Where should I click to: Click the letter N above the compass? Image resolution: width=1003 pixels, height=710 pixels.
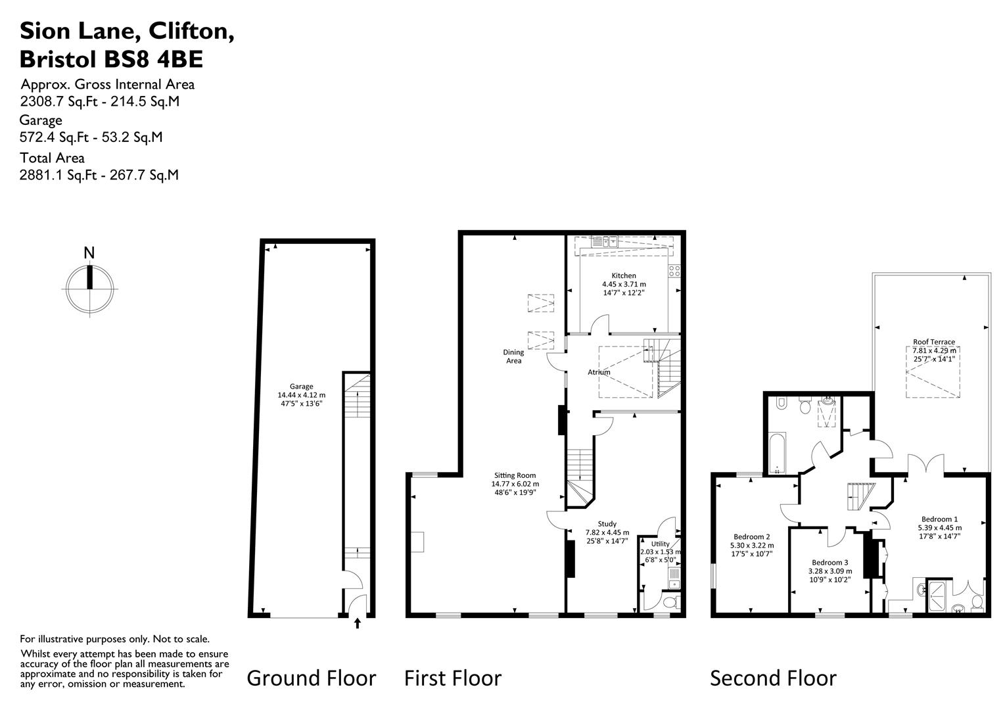[89, 253]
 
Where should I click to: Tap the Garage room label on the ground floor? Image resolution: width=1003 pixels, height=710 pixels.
[301, 386]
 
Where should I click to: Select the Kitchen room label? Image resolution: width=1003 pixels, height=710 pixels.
[624, 275]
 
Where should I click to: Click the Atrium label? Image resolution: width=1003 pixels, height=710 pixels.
[599, 372]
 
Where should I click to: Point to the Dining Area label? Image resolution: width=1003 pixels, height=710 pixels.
[513, 356]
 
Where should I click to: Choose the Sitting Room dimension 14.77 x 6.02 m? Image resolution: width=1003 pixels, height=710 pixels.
[515, 484]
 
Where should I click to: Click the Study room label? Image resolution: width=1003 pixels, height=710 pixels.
[607, 524]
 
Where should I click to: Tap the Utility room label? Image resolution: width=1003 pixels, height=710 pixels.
[661, 544]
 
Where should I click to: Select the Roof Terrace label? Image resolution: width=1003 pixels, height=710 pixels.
[934, 342]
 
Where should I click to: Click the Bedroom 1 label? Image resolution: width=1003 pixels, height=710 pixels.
[939, 519]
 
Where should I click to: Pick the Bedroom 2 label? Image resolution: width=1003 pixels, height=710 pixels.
[752, 536]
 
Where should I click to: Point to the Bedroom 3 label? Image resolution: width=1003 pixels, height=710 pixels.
[830, 562]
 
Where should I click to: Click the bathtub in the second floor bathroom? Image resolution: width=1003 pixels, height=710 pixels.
[777, 453]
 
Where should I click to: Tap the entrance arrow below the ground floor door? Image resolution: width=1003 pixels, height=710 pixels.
[358, 623]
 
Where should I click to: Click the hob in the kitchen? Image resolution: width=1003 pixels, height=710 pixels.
[674, 271]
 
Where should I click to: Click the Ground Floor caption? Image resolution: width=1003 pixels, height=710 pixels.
[311, 678]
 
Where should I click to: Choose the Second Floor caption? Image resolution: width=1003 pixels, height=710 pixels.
[774, 678]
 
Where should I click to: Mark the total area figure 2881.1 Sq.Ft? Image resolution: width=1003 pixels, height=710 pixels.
[58, 175]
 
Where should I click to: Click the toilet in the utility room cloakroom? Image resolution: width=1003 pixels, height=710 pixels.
[670, 602]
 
